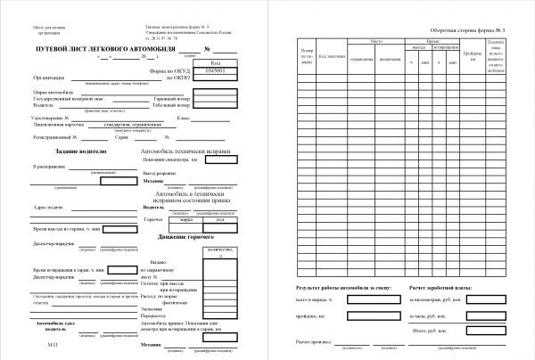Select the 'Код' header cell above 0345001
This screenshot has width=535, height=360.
click(218, 63)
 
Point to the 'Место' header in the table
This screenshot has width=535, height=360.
click(376, 41)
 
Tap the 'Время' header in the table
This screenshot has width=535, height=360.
click(433, 41)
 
